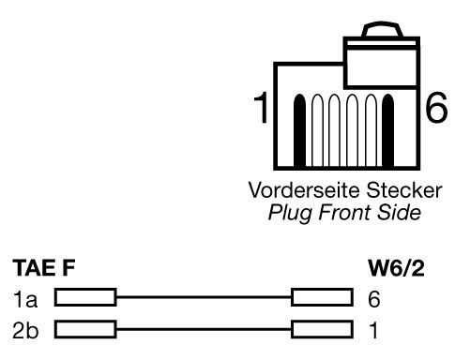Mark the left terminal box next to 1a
click(x=84, y=299)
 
